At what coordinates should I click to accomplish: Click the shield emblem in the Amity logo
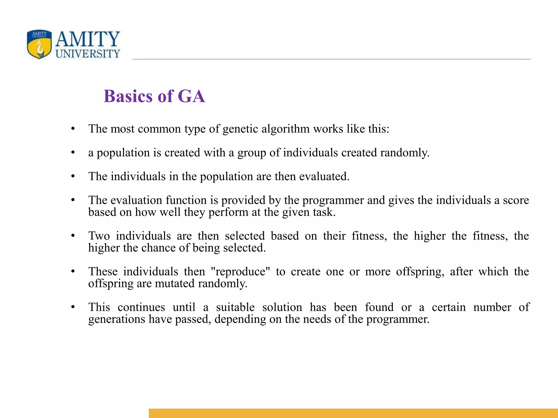[x=39, y=44]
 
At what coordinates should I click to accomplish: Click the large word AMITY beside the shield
[x=87, y=39]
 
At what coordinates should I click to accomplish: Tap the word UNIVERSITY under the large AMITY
[x=88, y=54]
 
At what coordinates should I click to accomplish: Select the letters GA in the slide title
[x=191, y=96]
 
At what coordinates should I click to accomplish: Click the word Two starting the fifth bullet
[x=99, y=236]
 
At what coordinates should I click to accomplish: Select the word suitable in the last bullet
[x=235, y=307]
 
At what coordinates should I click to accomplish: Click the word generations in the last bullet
[x=117, y=319]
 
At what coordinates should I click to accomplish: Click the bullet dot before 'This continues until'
[x=73, y=308]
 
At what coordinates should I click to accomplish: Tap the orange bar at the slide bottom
[x=353, y=413]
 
